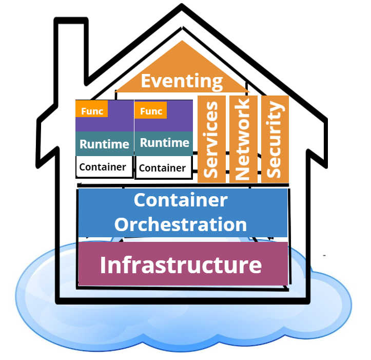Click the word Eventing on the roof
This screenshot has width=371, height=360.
(182, 81)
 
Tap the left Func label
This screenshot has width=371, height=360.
(92, 111)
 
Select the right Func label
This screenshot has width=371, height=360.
(151, 111)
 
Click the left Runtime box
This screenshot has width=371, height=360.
(104, 144)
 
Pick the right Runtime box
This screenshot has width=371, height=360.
(164, 143)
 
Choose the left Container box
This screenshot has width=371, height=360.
(103, 167)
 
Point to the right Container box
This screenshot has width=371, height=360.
(163, 168)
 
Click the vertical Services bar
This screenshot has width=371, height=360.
(211, 139)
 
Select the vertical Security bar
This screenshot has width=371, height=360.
(275, 139)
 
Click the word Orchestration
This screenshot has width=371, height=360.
(181, 224)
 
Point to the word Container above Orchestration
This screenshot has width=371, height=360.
(181, 200)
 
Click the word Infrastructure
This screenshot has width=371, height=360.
(181, 266)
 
